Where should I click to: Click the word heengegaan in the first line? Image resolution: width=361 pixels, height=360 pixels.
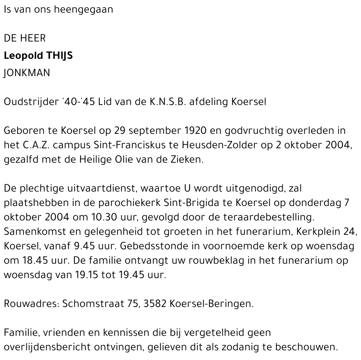tap(83, 10)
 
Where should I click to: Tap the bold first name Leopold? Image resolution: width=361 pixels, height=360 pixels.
tap(23, 56)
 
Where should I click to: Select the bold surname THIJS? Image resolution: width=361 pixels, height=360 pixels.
tap(59, 56)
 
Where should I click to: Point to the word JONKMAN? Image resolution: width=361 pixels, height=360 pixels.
tap(27, 73)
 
